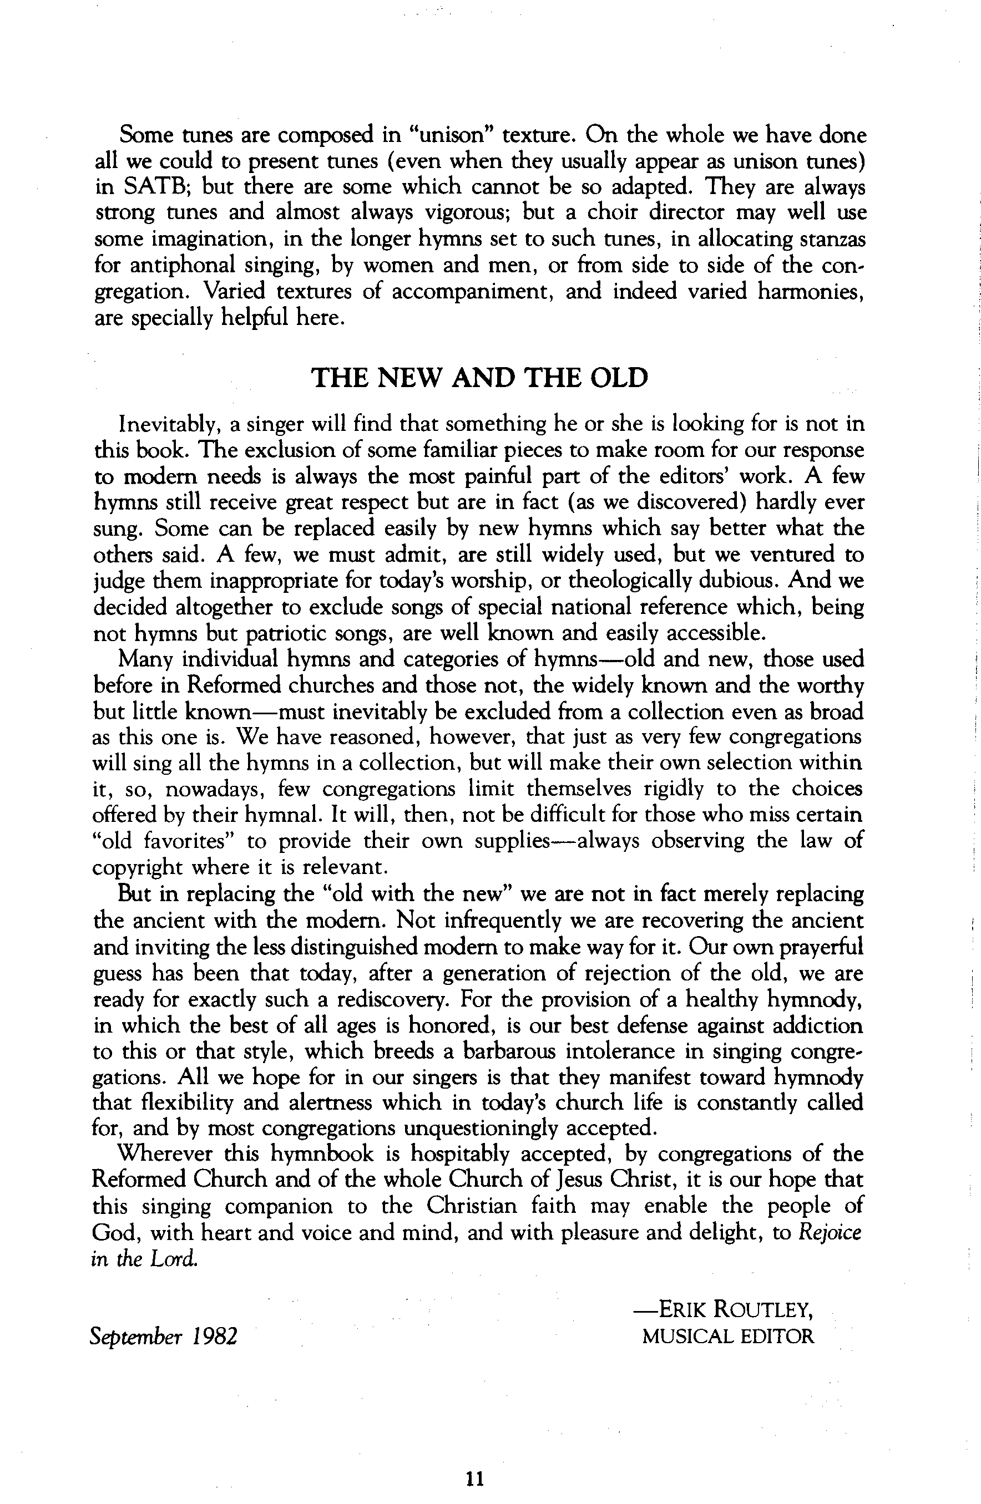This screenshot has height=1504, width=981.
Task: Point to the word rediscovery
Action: [x=393, y=1000]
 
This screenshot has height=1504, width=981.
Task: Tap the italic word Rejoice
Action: [x=831, y=1232]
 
